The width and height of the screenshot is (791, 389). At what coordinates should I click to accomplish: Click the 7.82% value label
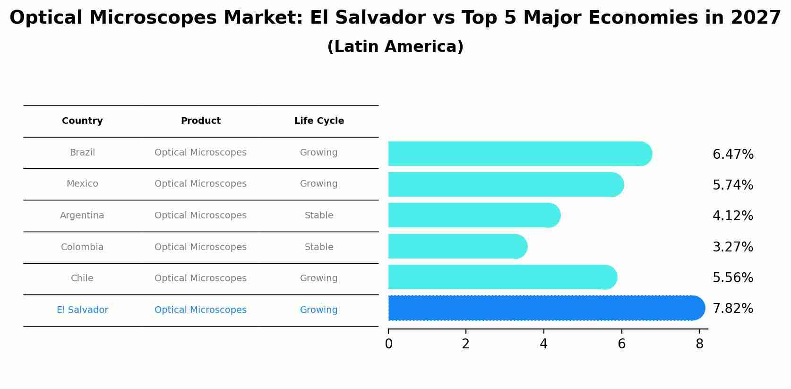pos(732,309)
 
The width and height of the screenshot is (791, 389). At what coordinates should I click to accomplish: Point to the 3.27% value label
pos(732,247)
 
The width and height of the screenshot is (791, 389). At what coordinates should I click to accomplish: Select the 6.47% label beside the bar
pos(732,155)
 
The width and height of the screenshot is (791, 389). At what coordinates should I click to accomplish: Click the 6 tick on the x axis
pos(621,344)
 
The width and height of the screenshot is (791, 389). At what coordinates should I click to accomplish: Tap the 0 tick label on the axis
pos(388,344)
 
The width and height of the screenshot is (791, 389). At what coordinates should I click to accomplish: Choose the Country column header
pos(82,121)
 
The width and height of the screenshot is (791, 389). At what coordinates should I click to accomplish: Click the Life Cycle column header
pos(319,121)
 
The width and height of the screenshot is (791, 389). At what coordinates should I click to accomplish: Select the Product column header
pos(200,121)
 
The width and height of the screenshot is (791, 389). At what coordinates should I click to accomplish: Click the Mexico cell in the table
pos(82,184)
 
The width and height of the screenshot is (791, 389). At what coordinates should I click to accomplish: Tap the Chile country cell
pos(82,278)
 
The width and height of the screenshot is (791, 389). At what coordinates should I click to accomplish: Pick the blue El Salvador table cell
pos(82,310)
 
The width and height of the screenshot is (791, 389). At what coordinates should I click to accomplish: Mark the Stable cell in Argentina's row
pos(319,216)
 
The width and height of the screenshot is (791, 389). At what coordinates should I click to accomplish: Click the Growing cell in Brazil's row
pos(319,153)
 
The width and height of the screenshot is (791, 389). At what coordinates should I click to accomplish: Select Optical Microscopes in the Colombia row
pos(200,247)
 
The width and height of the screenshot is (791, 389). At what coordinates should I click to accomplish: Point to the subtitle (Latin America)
pos(395,47)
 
